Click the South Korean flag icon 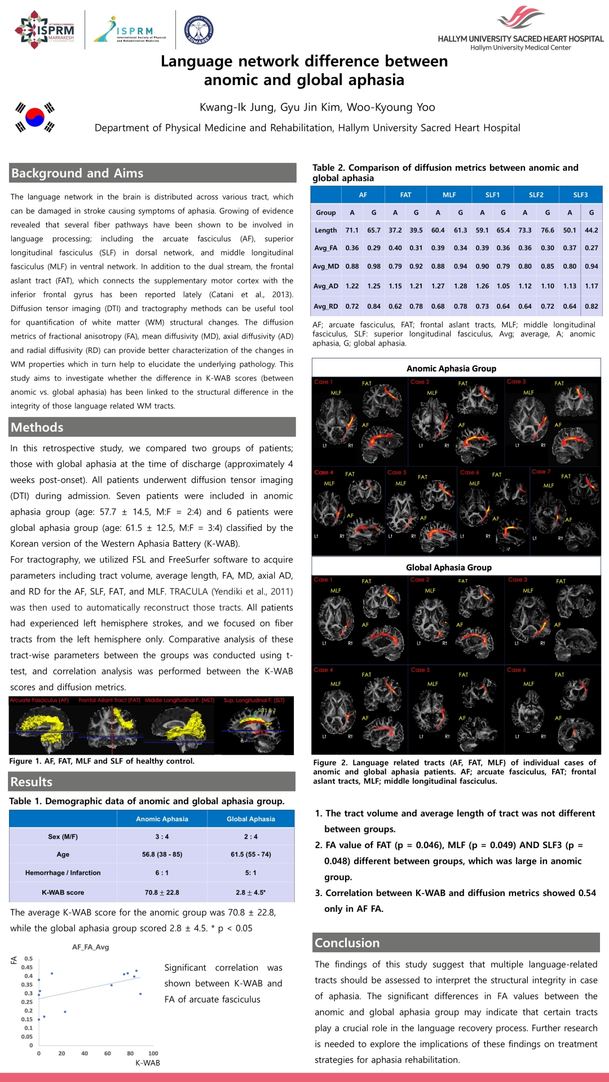(35, 117)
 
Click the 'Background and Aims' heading (77, 173)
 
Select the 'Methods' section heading (37, 427)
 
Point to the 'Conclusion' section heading (347, 943)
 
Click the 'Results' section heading (32, 782)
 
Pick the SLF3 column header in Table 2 (580, 195)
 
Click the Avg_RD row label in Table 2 (326, 307)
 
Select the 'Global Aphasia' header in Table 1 (250, 819)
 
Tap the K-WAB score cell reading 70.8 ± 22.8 (162, 893)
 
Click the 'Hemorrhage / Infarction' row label (63, 873)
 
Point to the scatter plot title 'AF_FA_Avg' (90, 947)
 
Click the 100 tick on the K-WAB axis (153, 1053)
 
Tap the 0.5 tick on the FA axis (28, 959)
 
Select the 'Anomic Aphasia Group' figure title (451, 369)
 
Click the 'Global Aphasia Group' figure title (449, 567)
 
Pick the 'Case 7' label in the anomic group (541, 472)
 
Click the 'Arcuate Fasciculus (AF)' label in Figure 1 (39, 700)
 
